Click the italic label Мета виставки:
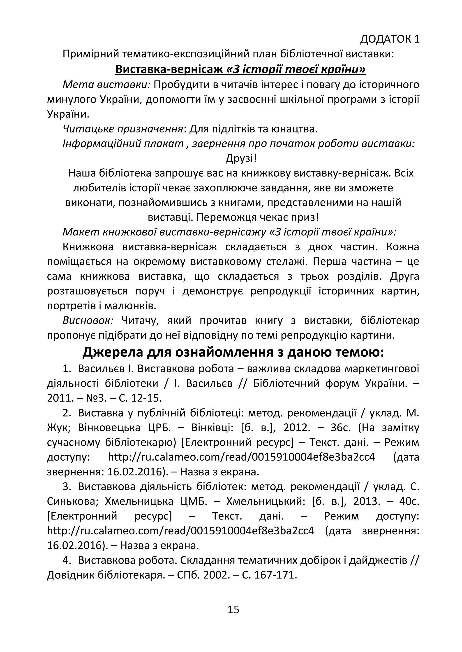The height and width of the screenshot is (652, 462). tap(106, 84)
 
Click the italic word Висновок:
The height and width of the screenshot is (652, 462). tap(88, 320)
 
